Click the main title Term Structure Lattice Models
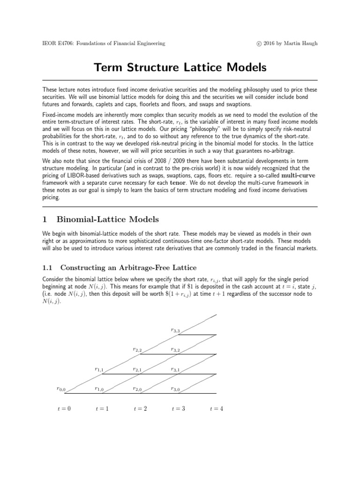tap(180, 67)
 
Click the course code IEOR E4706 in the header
tap(59, 44)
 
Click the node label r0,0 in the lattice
tap(61, 389)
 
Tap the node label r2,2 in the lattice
tap(137, 350)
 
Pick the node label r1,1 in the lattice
tap(99, 369)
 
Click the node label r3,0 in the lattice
tap(176, 389)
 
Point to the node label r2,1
tap(137, 369)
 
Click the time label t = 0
tap(64, 409)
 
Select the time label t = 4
tap(216, 409)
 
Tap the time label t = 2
tap(140, 409)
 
